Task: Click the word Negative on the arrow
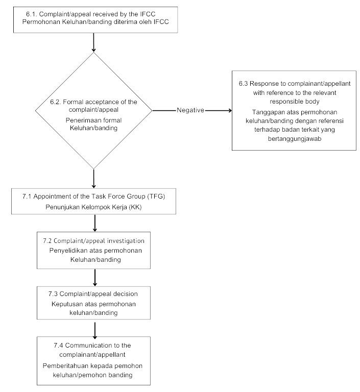(190, 110)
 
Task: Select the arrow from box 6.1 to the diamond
(93, 42)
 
